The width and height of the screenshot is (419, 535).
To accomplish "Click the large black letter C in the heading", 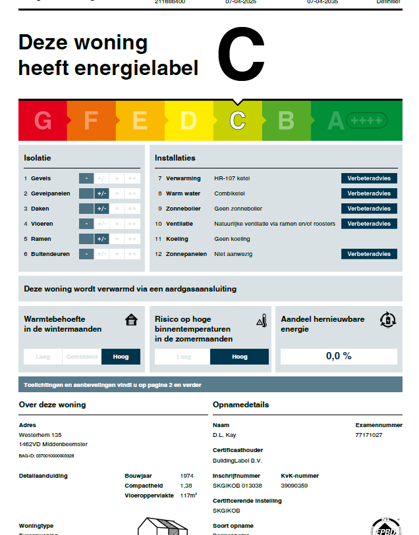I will (x=241, y=55).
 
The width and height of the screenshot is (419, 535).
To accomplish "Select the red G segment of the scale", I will (x=43, y=120).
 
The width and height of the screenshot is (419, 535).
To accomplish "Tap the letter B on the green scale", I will (x=286, y=120).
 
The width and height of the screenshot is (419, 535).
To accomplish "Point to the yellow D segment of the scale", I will (x=188, y=120).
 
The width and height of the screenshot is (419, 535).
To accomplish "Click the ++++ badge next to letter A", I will (x=367, y=120).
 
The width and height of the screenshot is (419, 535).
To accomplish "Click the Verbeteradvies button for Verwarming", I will (x=369, y=178).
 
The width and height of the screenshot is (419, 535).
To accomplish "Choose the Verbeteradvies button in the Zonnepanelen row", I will (x=369, y=254).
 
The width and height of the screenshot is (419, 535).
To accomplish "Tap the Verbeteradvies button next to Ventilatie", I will (x=369, y=224).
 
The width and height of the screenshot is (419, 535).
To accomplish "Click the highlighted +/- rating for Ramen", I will (x=101, y=239).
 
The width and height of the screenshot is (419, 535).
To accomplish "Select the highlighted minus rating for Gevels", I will (x=86, y=178).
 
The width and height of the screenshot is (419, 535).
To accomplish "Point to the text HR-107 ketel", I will (x=232, y=178).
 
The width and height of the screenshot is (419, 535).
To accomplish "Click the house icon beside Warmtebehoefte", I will (x=132, y=320).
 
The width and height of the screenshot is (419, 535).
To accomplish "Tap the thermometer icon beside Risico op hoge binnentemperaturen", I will (x=262, y=320).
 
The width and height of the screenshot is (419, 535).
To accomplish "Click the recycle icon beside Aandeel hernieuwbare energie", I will (x=388, y=320).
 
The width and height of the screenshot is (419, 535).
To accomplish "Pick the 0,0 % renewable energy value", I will (x=339, y=356).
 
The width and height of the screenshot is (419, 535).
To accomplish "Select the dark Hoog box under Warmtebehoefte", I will (x=121, y=357).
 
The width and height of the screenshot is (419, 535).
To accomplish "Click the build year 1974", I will (x=186, y=475).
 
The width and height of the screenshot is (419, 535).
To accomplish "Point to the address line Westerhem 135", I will (x=40, y=435).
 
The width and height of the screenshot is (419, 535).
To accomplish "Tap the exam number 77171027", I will (x=369, y=435).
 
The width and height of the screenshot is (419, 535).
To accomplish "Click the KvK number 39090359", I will (x=294, y=485).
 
